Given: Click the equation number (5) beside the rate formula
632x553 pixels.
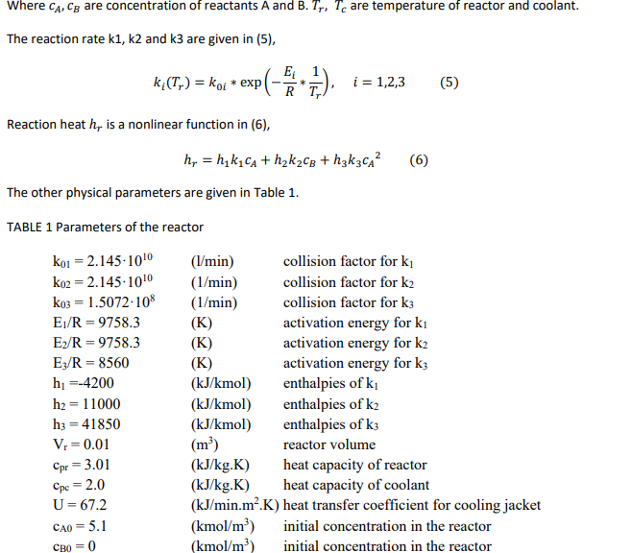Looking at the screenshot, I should click(449, 82).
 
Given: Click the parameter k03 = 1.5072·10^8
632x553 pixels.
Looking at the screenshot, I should click(105, 301).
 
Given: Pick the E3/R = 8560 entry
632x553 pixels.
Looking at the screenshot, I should click(88, 363).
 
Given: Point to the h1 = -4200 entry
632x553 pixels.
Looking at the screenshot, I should click(82, 383).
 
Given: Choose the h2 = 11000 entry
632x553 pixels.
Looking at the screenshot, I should click(85, 403).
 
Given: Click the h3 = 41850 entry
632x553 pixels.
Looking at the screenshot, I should click(85, 424).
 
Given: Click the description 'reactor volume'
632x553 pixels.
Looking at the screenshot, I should click(329, 445).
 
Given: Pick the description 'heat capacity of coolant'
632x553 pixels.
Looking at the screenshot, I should click(355, 485).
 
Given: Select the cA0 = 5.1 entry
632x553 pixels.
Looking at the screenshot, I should click(79, 526).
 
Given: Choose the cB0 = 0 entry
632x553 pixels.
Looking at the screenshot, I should click(73, 546).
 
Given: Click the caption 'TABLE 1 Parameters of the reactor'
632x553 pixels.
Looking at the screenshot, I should click(105, 228).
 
